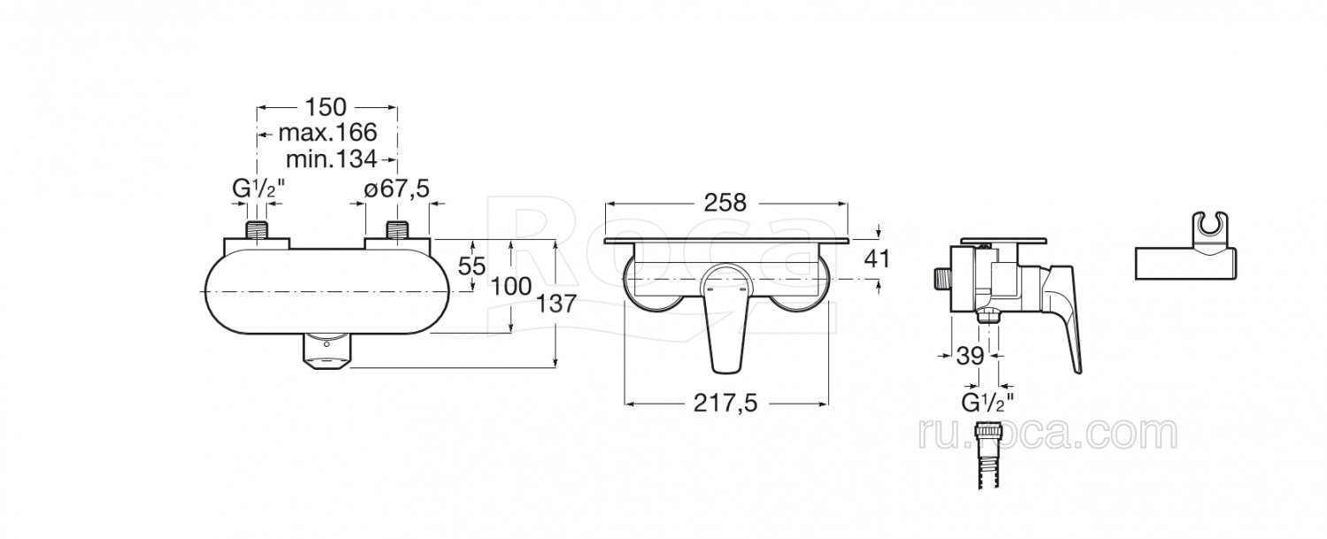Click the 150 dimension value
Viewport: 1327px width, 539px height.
pos(326,107)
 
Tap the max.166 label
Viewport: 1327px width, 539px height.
pos(327,132)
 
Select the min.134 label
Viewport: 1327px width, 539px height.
pos(331,159)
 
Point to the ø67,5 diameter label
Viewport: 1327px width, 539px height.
pos(396,189)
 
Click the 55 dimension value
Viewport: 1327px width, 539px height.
pos(472,266)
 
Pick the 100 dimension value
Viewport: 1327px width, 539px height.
pos(512,287)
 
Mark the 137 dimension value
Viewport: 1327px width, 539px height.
pos(556,304)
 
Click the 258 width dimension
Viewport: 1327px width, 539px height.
pos(725,203)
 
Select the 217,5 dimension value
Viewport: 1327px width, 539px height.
pos(725,404)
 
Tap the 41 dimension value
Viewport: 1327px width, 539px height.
pos(878,259)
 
